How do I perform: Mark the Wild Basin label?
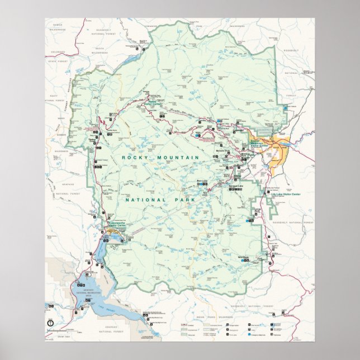point(244,258)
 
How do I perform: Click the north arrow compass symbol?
point(51,322)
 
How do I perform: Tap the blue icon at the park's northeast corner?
point(286,107)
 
